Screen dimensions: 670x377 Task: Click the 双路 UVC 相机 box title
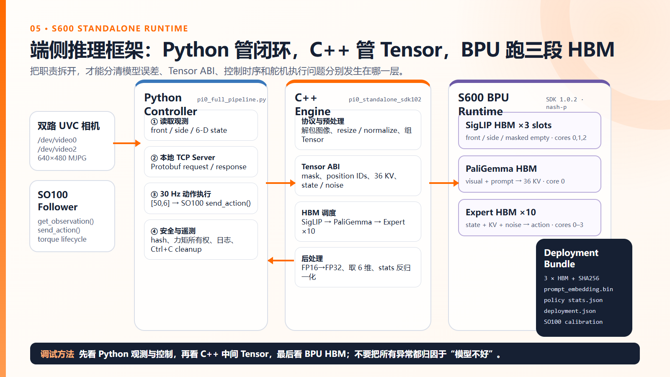69,126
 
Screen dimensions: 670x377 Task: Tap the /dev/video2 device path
57,149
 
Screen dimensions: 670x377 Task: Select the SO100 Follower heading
57,201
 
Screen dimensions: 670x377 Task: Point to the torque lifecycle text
62,239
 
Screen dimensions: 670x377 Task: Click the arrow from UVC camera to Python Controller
127,143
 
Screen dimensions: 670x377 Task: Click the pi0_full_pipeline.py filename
232,99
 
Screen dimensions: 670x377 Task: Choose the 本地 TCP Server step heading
183,158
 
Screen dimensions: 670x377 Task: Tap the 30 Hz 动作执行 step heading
181,194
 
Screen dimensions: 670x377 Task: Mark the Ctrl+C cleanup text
176,249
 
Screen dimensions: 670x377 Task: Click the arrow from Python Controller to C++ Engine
281,183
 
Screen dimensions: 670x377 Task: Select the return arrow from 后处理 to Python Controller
281,261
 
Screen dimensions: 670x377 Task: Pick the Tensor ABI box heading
321,167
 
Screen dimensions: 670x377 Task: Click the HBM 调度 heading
319,213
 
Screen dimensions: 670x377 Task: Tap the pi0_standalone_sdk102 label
385,99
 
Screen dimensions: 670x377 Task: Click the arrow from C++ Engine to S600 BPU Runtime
444,183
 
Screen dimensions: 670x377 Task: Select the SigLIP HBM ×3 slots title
508,125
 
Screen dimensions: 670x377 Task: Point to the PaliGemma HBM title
501,169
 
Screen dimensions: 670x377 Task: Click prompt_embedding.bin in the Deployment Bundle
578,289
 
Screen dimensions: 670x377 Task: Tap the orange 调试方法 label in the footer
57,354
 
